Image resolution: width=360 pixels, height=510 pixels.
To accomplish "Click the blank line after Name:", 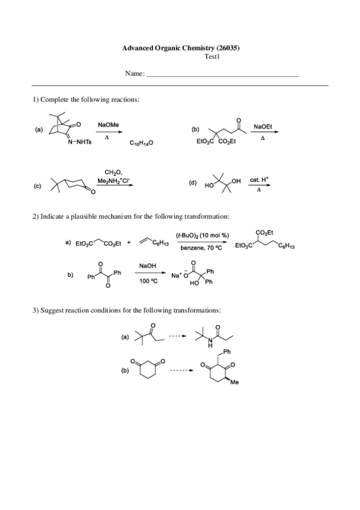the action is [222, 75].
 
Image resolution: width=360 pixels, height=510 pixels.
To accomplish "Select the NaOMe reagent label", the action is [108, 124].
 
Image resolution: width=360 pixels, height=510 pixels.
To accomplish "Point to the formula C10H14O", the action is [142, 143].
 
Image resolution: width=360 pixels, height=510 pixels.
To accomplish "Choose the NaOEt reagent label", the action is [263, 127].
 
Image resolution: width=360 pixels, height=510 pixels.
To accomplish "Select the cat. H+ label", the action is [259, 180].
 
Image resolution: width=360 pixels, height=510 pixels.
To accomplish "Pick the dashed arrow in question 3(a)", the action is [176, 336].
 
